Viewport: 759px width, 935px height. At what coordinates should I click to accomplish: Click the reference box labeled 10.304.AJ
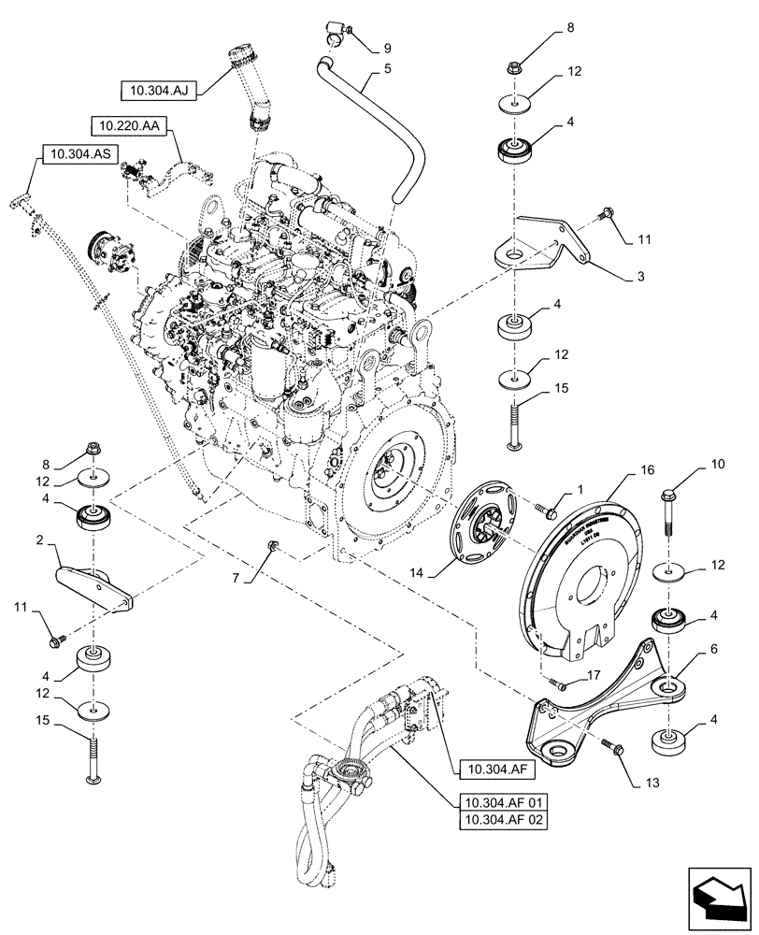click(x=158, y=91)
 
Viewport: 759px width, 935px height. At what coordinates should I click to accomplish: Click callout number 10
click(x=719, y=464)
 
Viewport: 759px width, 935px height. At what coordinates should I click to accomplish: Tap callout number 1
click(x=580, y=489)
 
